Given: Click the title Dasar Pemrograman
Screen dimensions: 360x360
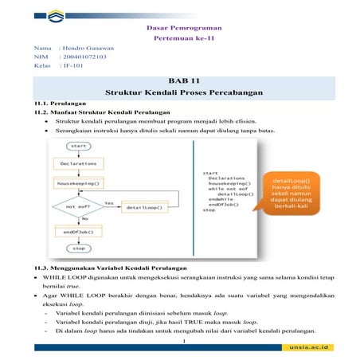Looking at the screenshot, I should click(x=184, y=27).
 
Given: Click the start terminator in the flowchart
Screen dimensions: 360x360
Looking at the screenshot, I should click(x=79, y=147).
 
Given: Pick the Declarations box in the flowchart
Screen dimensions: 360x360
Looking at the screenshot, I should click(x=79, y=164).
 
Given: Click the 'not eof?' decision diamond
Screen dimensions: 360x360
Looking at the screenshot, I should click(x=78, y=207).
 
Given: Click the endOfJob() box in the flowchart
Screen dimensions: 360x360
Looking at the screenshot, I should click(x=78, y=231).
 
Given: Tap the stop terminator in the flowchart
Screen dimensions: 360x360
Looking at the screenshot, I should click(x=79, y=248).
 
